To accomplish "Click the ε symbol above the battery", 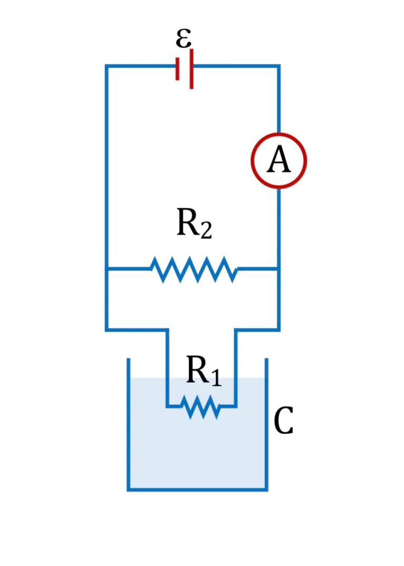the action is (183, 38).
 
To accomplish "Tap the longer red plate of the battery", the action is (191, 69).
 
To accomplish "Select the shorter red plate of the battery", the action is (177, 69).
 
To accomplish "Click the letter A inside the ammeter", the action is (279, 160).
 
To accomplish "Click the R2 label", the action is (194, 223).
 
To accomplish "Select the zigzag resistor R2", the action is (194, 269).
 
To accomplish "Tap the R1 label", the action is (204, 371).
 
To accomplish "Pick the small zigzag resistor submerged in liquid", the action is (201, 407).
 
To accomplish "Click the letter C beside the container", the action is (283, 421).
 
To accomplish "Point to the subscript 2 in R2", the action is (206, 230).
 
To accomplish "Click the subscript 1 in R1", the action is (216, 378).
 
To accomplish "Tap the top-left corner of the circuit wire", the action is (106, 66).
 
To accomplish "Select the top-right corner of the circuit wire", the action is (279, 66).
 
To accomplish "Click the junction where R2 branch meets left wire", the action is (106, 269).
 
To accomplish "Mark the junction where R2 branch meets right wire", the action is (279, 269).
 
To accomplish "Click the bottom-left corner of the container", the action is (129, 490).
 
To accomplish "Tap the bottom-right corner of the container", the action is (267, 490).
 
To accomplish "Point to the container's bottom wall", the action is (198, 490).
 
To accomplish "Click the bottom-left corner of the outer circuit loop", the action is (106, 329).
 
